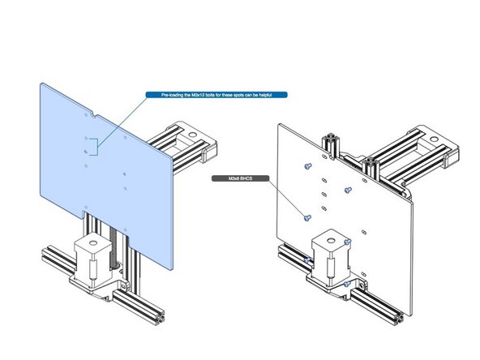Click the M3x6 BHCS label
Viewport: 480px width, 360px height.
pyautogui.click(x=230, y=177)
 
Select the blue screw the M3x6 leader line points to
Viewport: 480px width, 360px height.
pyautogui.click(x=306, y=218)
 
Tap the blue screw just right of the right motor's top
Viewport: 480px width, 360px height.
pyautogui.click(x=347, y=242)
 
